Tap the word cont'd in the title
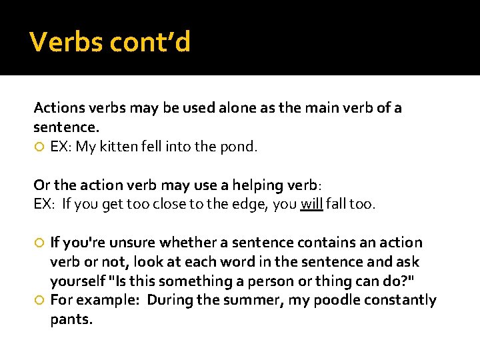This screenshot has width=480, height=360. pos(150,42)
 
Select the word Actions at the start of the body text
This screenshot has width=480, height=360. pos(57,108)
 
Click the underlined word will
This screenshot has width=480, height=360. pos(311,204)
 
